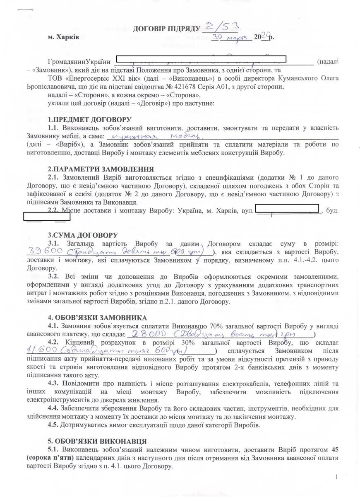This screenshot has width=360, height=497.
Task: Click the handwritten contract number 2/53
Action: coord(221,28)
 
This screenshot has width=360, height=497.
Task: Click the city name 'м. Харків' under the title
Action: coord(61,37)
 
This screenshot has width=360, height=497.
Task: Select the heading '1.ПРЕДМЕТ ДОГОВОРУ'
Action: coord(83,120)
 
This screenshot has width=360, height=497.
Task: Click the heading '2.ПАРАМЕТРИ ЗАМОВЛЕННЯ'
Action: coord(101,169)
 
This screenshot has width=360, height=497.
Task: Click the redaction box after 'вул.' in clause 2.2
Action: coord(287,208)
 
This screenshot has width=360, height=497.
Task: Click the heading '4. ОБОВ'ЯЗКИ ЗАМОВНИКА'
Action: coord(97,318)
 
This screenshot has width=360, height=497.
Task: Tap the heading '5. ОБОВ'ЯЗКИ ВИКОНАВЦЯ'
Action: coord(97,442)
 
